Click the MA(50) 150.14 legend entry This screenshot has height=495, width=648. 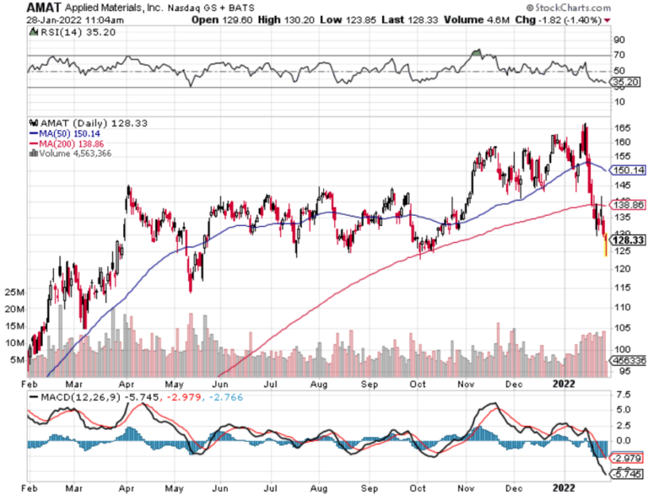(62, 133)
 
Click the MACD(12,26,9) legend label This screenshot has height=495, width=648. (73, 395)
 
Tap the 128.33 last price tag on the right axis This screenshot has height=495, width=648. (629, 239)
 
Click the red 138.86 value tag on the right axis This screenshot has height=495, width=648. (629, 205)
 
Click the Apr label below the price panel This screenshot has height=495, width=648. (126, 381)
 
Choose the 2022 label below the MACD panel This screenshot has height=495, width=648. (563, 487)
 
